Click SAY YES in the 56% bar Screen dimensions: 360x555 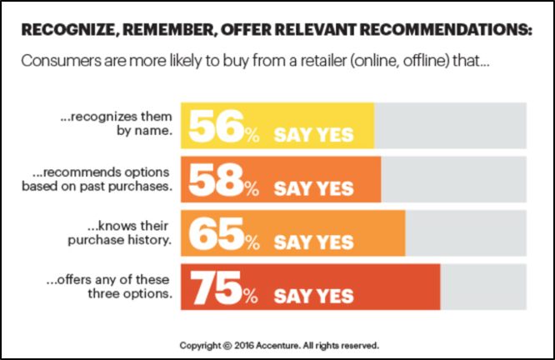click(x=313, y=134)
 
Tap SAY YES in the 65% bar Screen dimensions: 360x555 click(x=313, y=242)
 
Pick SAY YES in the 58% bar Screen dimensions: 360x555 click(x=313, y=188)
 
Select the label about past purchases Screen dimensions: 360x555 click(x=102, y=179)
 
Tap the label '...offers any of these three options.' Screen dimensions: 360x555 click(x=117, y=286)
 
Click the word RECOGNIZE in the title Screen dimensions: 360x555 click(x=66, y=31)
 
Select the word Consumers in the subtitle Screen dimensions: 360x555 click(x=56, y=62)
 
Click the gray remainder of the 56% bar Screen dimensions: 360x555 click(x=450, y=125)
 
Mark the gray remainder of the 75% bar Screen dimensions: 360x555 click(x=483, y=286)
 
